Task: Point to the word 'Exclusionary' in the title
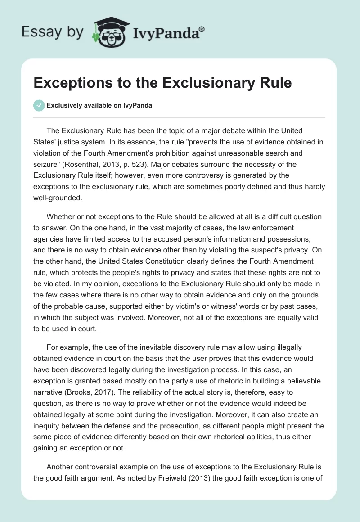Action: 194,83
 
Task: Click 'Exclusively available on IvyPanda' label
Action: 99,106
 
